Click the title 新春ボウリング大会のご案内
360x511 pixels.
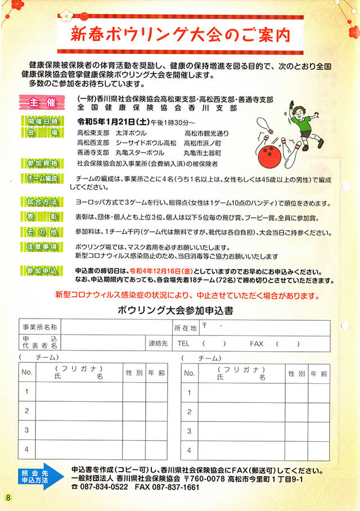pyautogui.click(x=179, y=35)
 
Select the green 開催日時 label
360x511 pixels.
pyautogui.click(x=43, y=121)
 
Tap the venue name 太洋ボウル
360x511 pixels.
pyautogui.click(x=131, y=133)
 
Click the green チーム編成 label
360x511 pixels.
pyautogui.click(x=43, y=178)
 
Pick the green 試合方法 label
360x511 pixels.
pyautogui.click(x=43, y=201)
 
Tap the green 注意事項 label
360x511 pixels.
pyautogui.click(x=43, y=246)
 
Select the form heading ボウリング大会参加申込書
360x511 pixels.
pyautogui.click(x=176, y=310)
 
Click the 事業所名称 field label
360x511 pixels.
pyautogui.click(x=39, y=327)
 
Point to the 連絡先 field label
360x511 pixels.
pyautogui.click(x=158, y=343)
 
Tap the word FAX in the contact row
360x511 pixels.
pyautogui.click(x=256, y=343)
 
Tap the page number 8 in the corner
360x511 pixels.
pyautogui.click(x=8, y=497)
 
